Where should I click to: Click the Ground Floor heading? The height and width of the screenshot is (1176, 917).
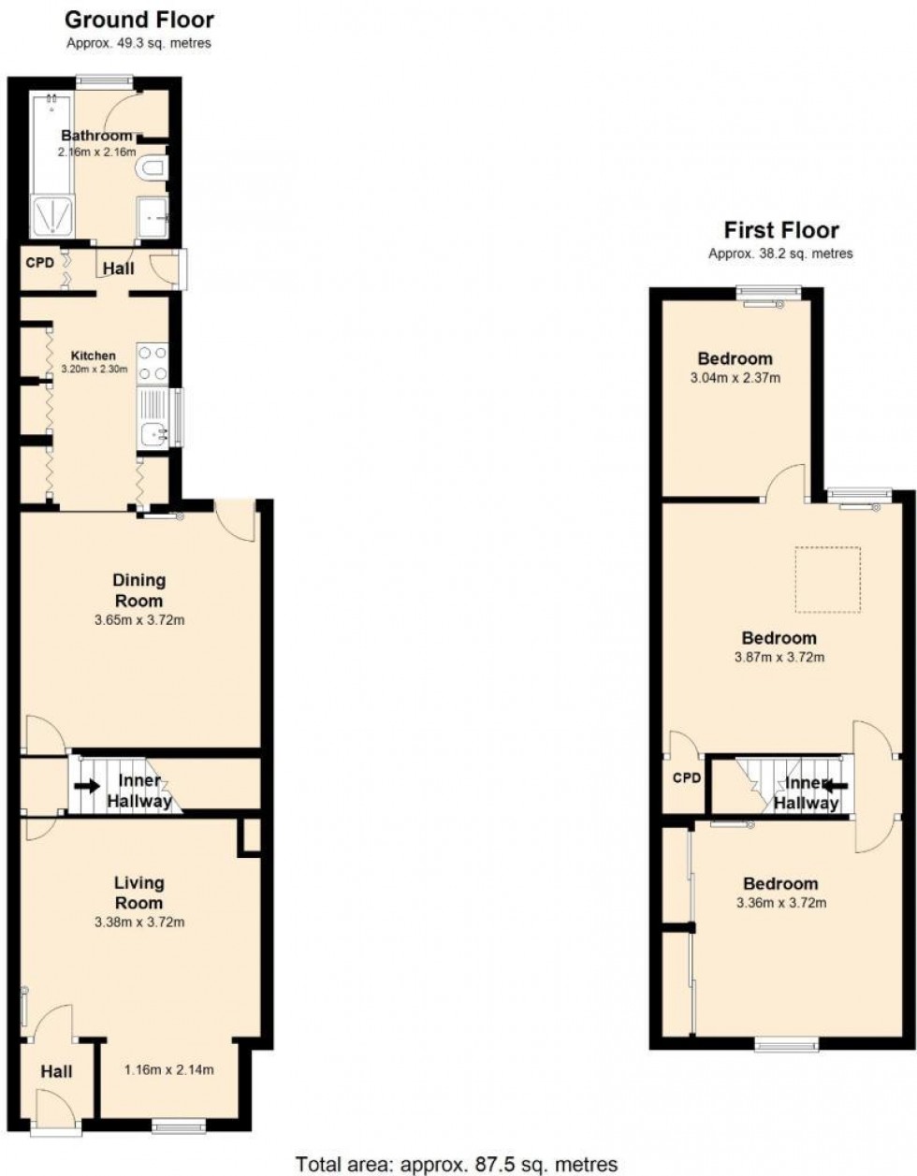point(139,20)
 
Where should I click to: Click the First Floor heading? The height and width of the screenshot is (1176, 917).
point(781,230)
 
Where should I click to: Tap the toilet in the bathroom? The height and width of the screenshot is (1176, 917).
point(151,168)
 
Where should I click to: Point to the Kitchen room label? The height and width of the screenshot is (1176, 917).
point(95,356)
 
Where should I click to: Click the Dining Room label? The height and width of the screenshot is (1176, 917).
point(139,590)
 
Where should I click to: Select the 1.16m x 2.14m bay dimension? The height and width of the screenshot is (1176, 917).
point(169,1070)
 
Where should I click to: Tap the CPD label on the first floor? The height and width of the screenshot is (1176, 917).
point(687,778)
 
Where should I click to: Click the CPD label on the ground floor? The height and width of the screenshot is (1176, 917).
point(39,263)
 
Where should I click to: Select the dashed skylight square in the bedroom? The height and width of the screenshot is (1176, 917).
point(828,581)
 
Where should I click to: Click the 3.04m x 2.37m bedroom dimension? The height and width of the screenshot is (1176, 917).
point(735,378)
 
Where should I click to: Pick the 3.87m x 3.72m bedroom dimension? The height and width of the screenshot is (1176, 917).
point(779,657)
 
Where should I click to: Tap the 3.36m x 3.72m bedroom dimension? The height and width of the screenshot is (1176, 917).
point(780,903)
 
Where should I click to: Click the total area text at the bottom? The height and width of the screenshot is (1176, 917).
point(457,1165)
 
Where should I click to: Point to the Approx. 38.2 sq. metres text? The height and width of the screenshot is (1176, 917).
point(781,254)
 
